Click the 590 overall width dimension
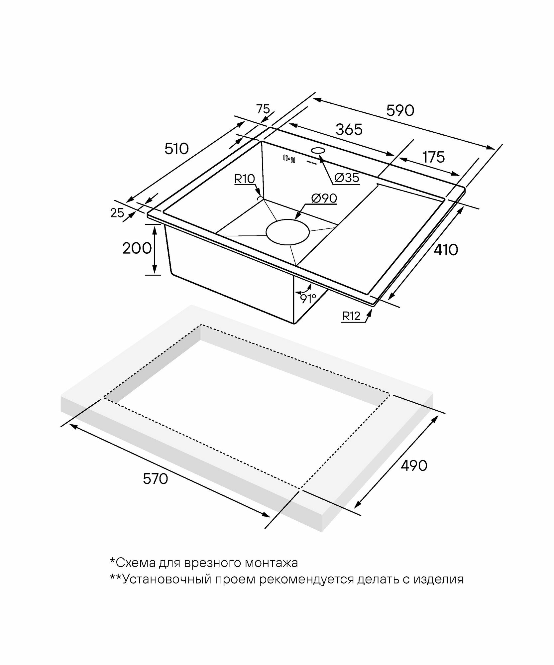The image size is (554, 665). [x=400, y=111]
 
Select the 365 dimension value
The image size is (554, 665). [x=349, y=129]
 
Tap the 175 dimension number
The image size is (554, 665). [x=434, y=157]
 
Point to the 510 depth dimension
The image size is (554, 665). [x=176, y=149]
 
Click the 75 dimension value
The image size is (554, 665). [x=263, y=109]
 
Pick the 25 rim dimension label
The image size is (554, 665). [x=117, y=213]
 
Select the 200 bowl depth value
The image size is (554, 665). [x=137, y=248]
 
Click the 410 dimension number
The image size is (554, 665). [x=446, y=250]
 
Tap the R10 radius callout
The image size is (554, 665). [x=244, y=179]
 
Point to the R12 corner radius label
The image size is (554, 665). [x=352, y=316]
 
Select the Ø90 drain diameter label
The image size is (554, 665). [x=324, y=199]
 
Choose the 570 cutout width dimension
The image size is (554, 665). [x=156, y=479]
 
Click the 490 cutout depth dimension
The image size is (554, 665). [x=414, y=466]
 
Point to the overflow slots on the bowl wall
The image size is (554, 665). [x=289, y=159]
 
